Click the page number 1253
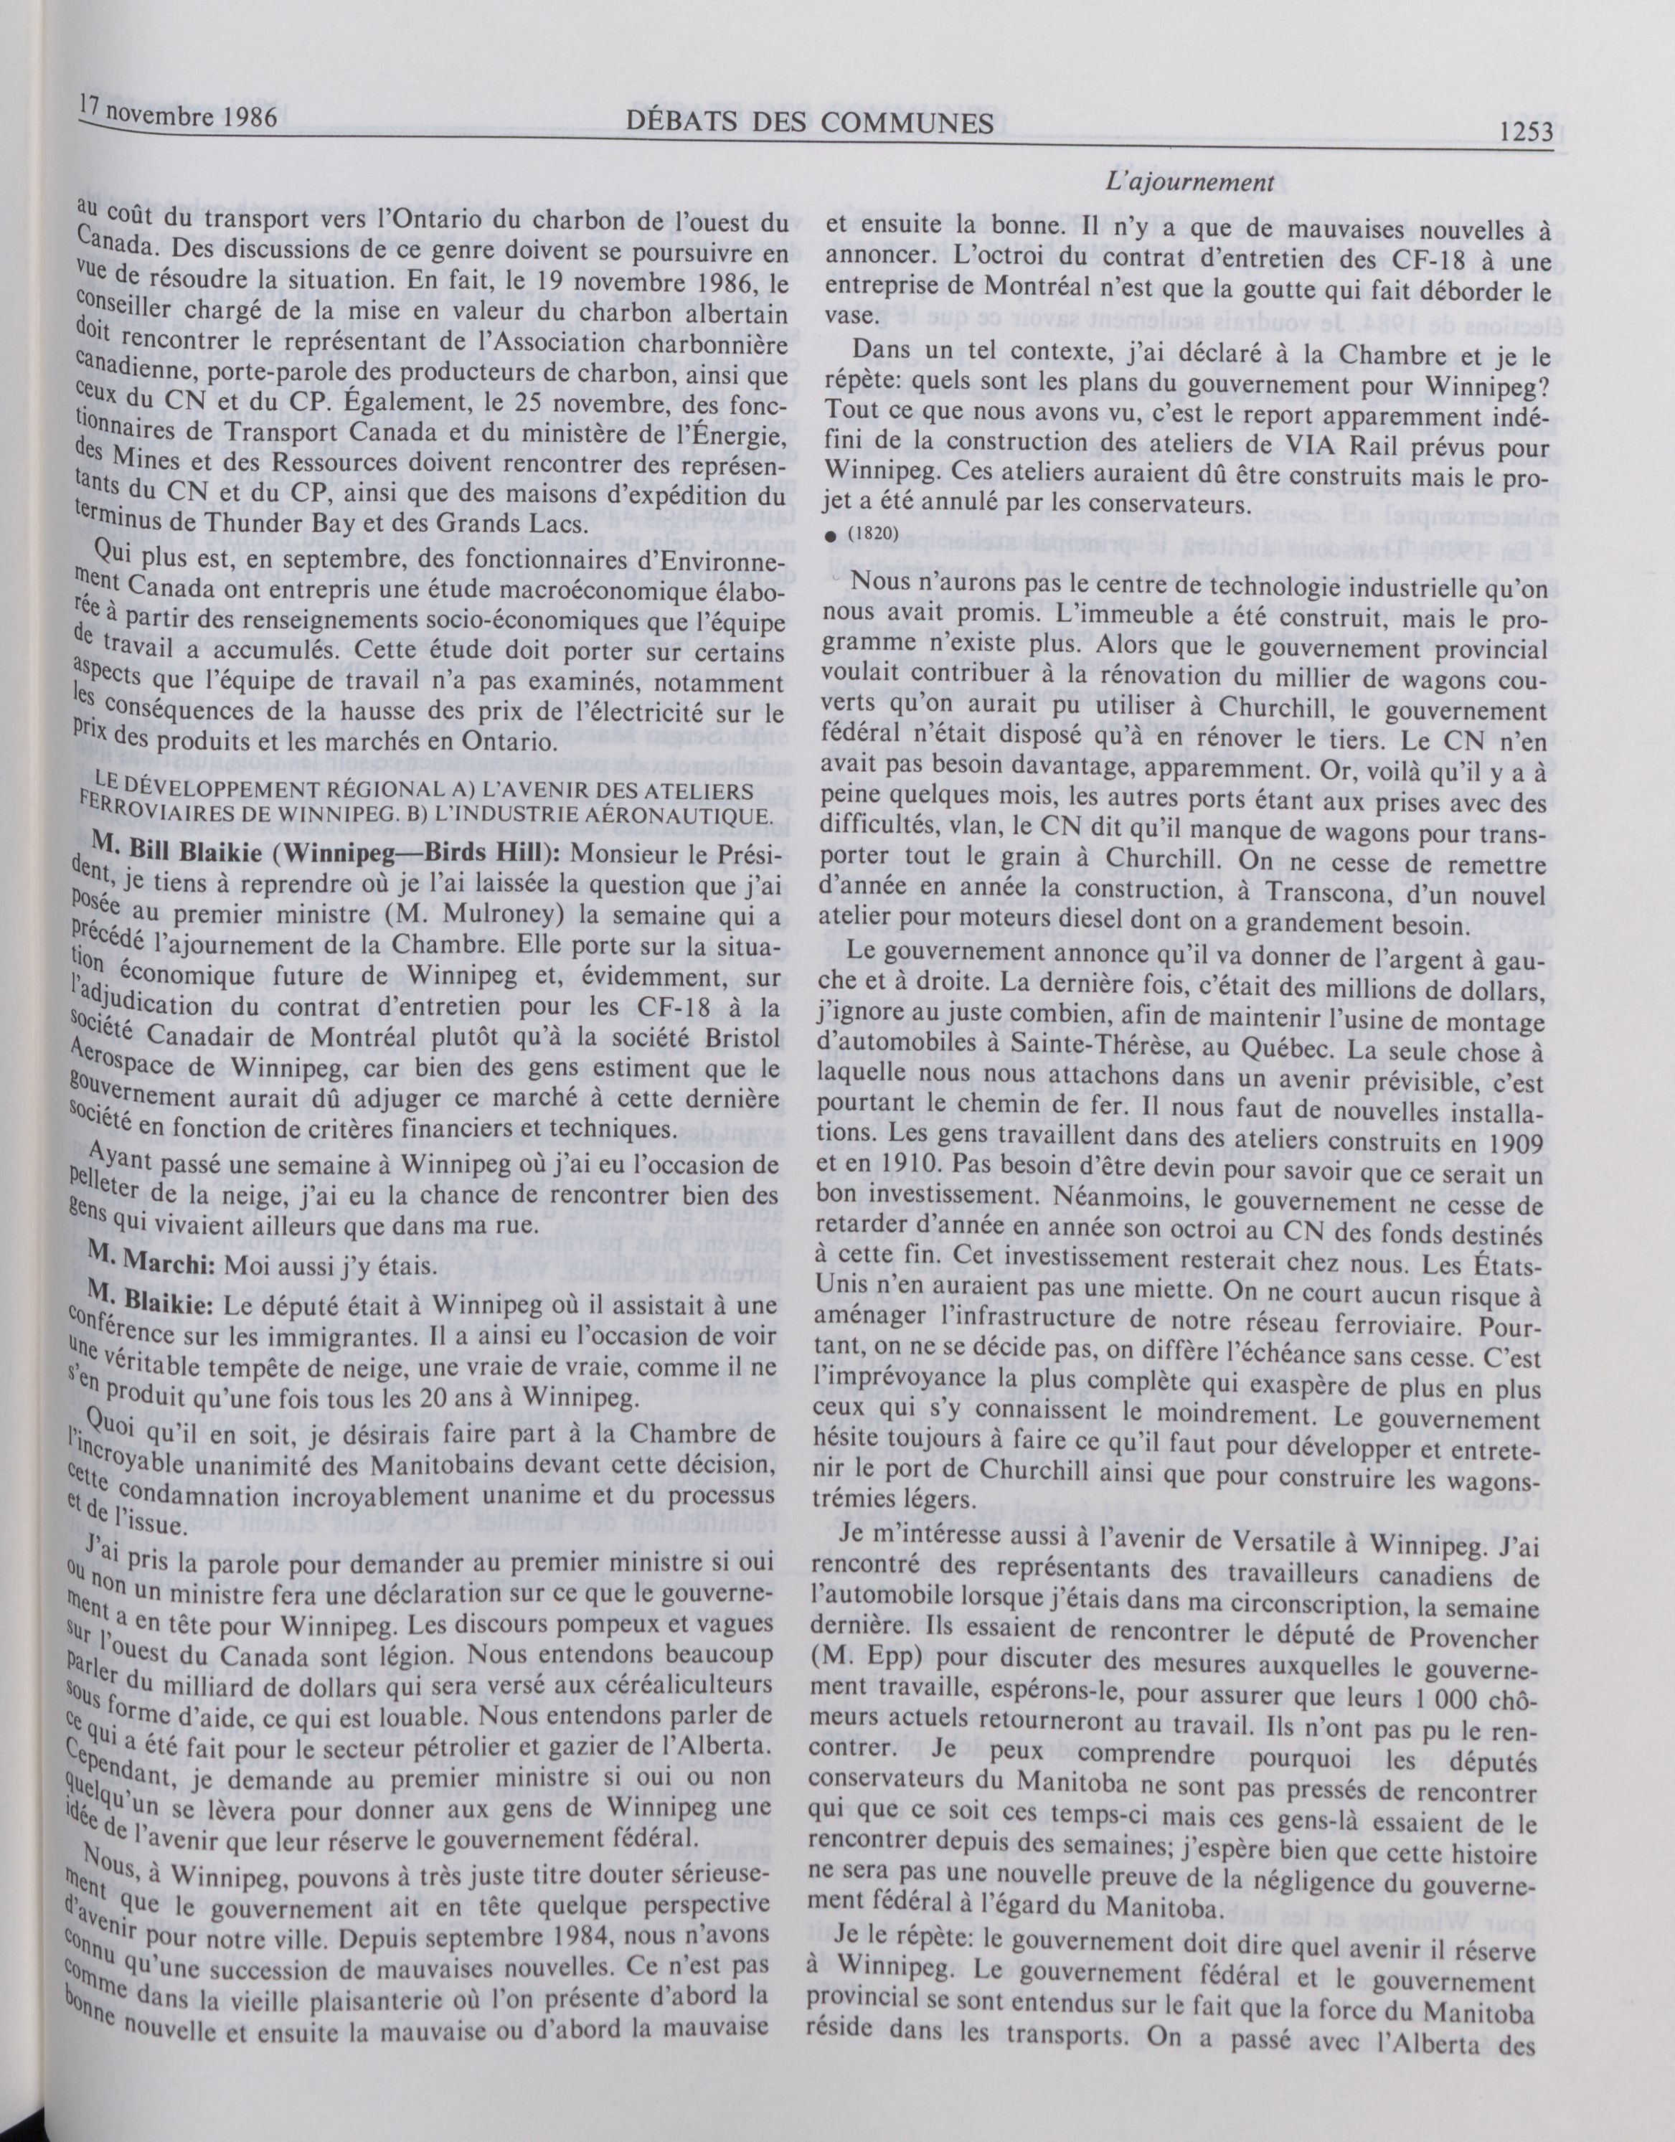point(1526,131)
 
